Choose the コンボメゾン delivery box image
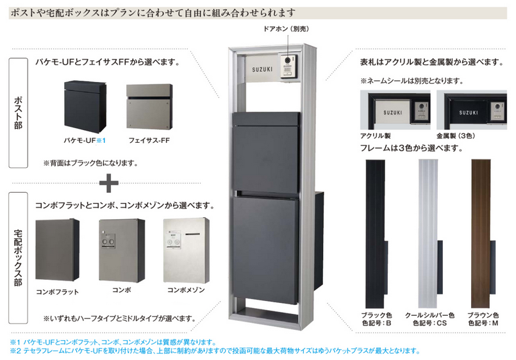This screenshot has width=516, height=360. [x=185, y=249]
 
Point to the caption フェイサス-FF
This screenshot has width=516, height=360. [x=148, y=139]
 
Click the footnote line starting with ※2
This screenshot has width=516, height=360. [x=212, y=351]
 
